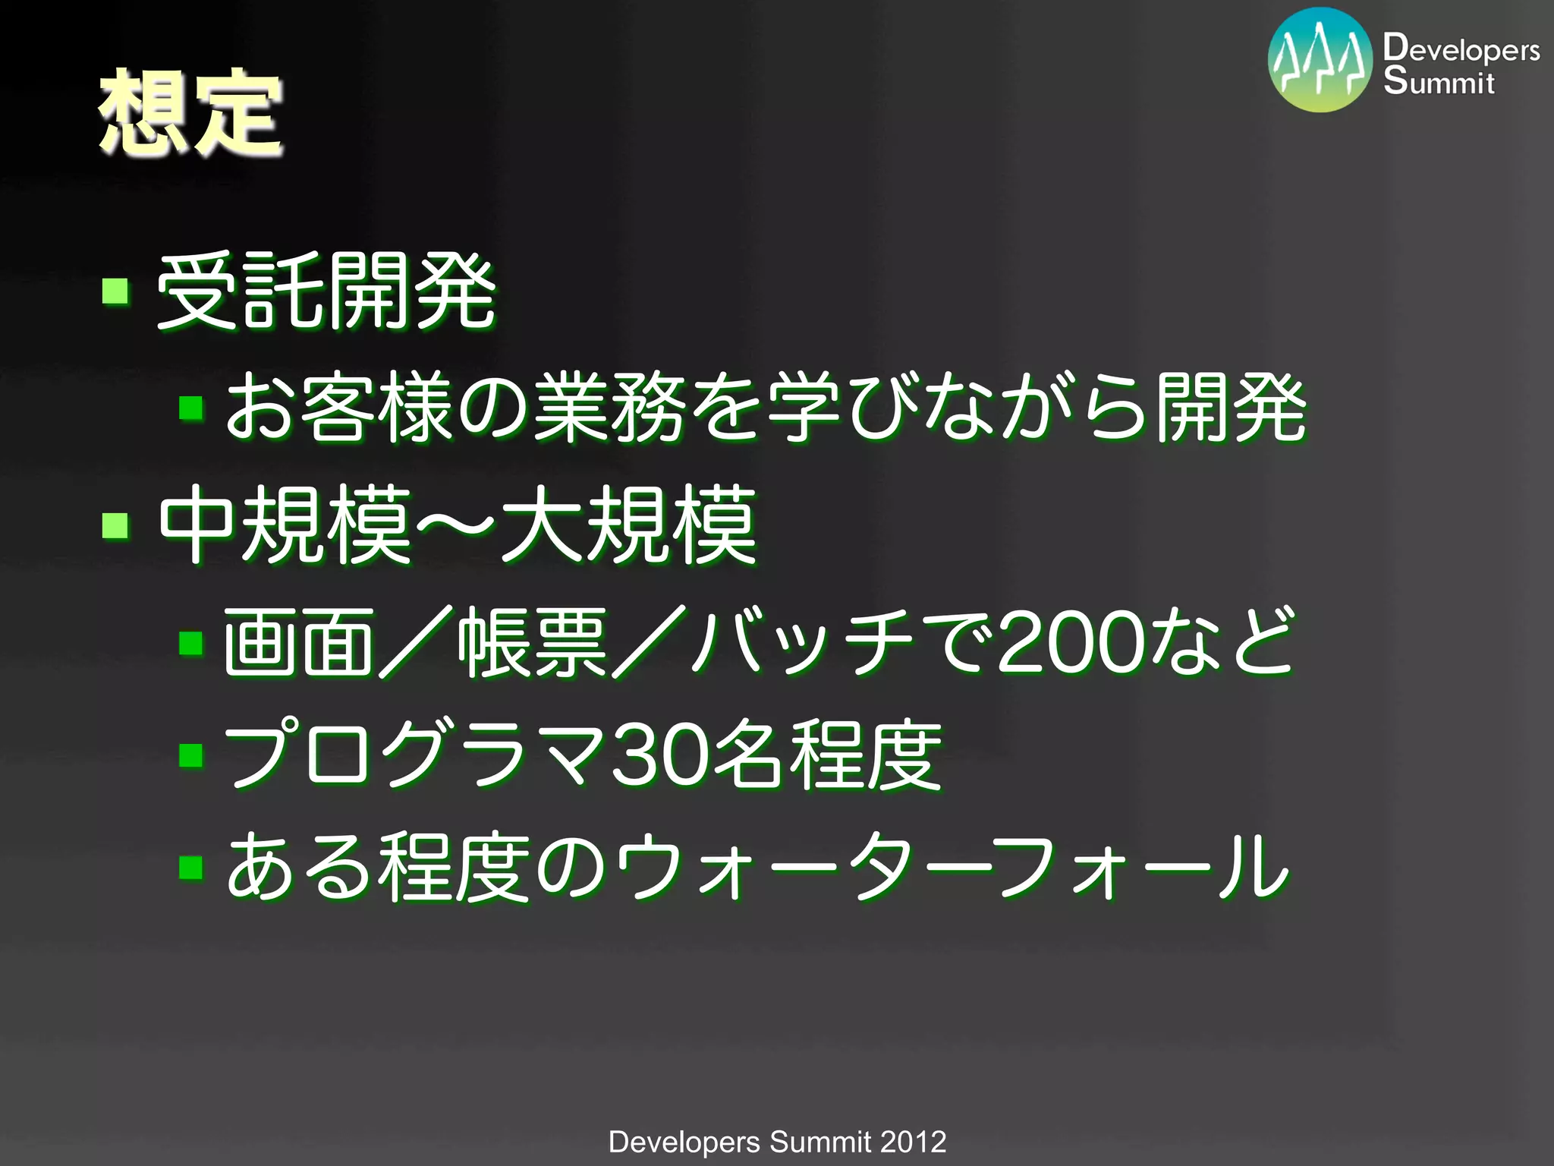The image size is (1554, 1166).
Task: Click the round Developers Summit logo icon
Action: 1320,61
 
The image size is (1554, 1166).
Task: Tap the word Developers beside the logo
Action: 1461,49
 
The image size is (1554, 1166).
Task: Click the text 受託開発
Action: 326,292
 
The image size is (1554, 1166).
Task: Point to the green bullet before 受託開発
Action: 115,291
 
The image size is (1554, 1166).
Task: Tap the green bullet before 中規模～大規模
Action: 115,524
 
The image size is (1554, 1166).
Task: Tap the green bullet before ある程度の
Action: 191,867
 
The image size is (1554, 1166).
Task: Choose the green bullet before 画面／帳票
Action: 191,644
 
